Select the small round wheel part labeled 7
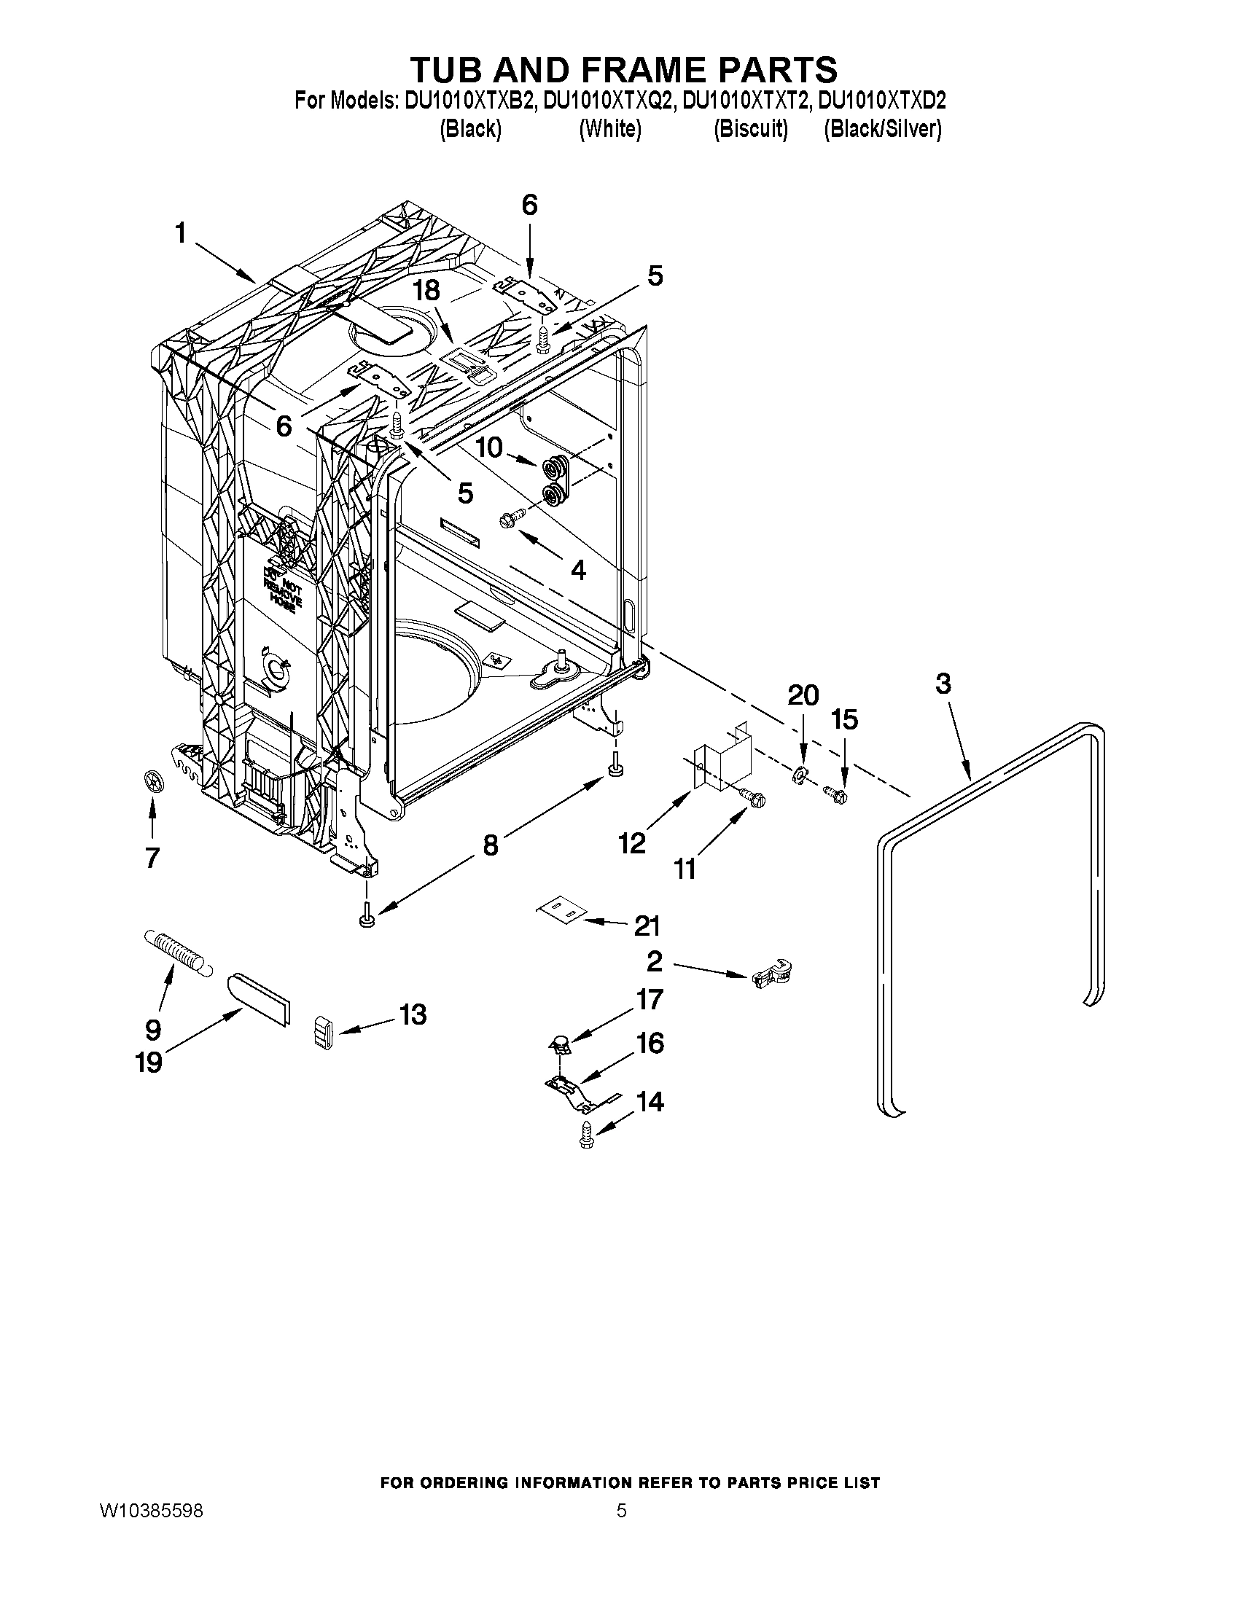point(153,781)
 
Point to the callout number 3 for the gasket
point(943,684)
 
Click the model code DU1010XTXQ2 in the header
point(607,101)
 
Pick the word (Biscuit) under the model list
point(751,129)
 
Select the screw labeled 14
point(586,1135)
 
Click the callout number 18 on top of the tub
point(426,290)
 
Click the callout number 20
point(803,695)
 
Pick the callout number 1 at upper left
point(180,233)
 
